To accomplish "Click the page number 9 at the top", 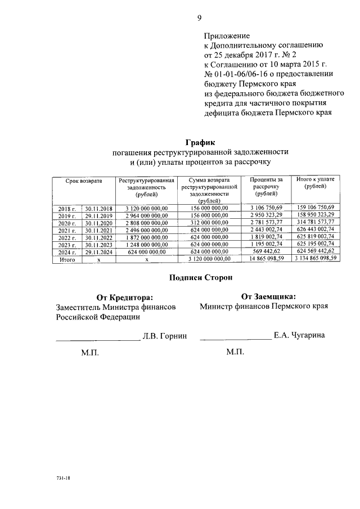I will tap(200, 17).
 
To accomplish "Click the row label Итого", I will tap(67, 259).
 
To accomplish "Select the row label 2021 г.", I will tap(67, 230).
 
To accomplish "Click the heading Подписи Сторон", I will tap(200, 277).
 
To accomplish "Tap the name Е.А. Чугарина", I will tap(299, 335).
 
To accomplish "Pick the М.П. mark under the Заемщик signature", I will tap(235, 352).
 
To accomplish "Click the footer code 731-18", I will tap(62, 478).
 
